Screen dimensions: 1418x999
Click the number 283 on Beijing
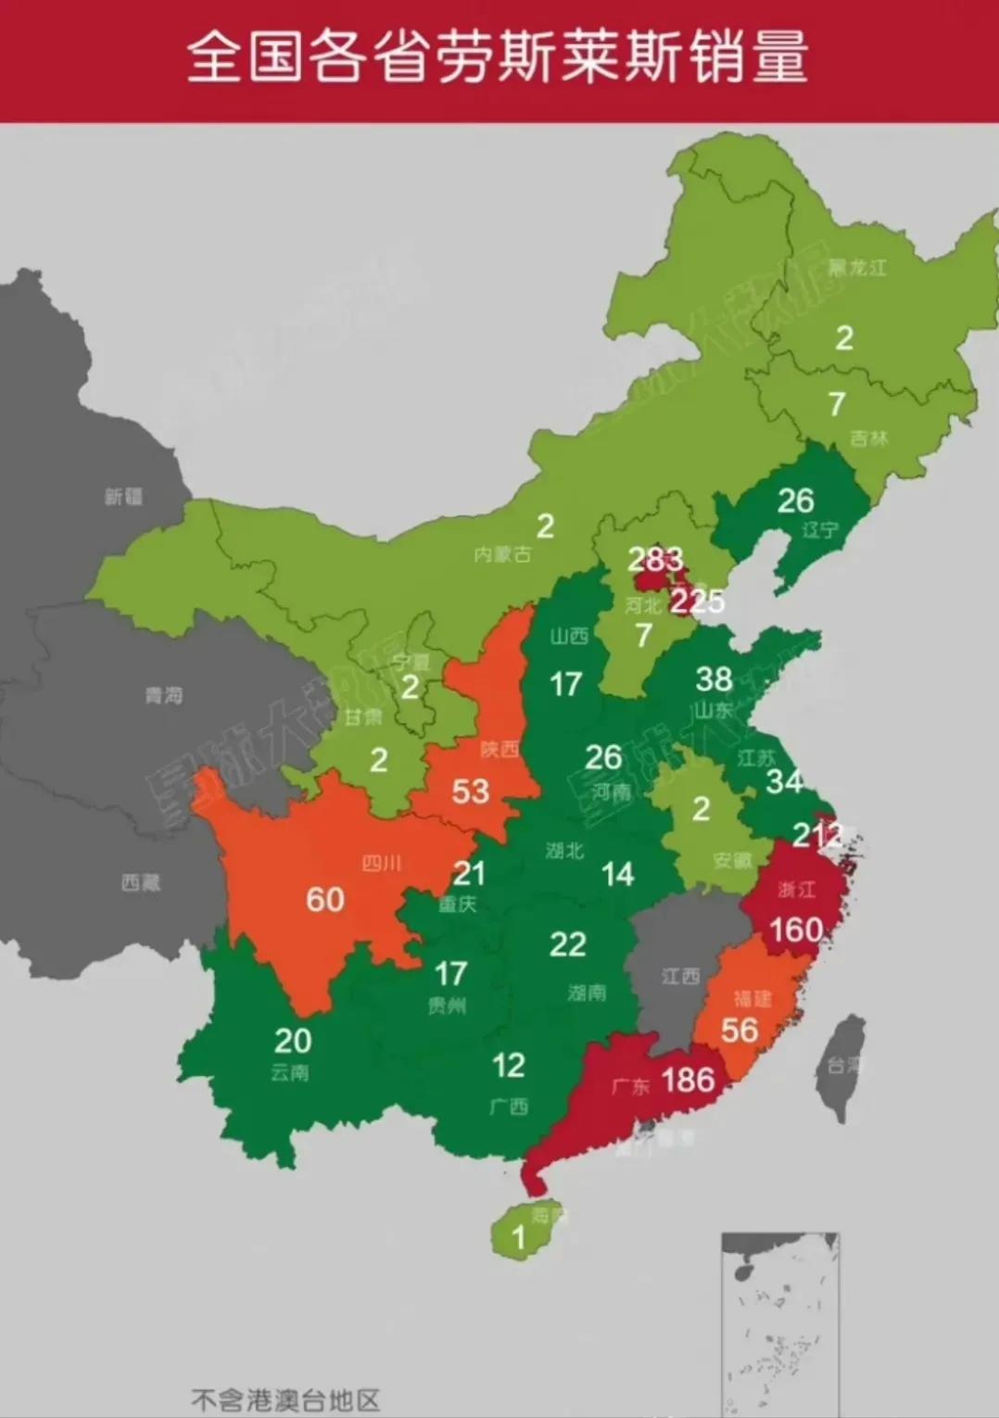[655, 559]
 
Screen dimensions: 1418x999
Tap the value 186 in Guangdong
[688, 1080]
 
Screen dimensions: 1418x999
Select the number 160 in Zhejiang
[796, 929]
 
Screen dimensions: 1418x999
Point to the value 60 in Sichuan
[325, 899]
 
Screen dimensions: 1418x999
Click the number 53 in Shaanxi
[470, 791]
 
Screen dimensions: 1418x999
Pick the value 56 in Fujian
[740, 1030]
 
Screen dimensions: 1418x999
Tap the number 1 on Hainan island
[519, 1236]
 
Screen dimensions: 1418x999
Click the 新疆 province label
[123, 497]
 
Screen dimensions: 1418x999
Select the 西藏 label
[141, 882]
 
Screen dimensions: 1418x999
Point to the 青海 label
[164, 694]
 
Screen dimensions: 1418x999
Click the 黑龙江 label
[857, 268]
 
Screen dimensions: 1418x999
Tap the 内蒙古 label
[502, 554]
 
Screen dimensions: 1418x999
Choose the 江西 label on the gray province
[680, 976]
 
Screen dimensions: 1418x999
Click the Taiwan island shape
[842, 1066]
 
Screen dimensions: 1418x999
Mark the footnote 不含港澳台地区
[285, 1399]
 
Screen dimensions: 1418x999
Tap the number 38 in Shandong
[714, 679]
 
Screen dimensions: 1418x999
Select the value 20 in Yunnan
[293, 1041]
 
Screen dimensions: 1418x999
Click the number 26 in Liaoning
[795, 500]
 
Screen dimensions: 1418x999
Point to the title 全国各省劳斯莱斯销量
[499, 56]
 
